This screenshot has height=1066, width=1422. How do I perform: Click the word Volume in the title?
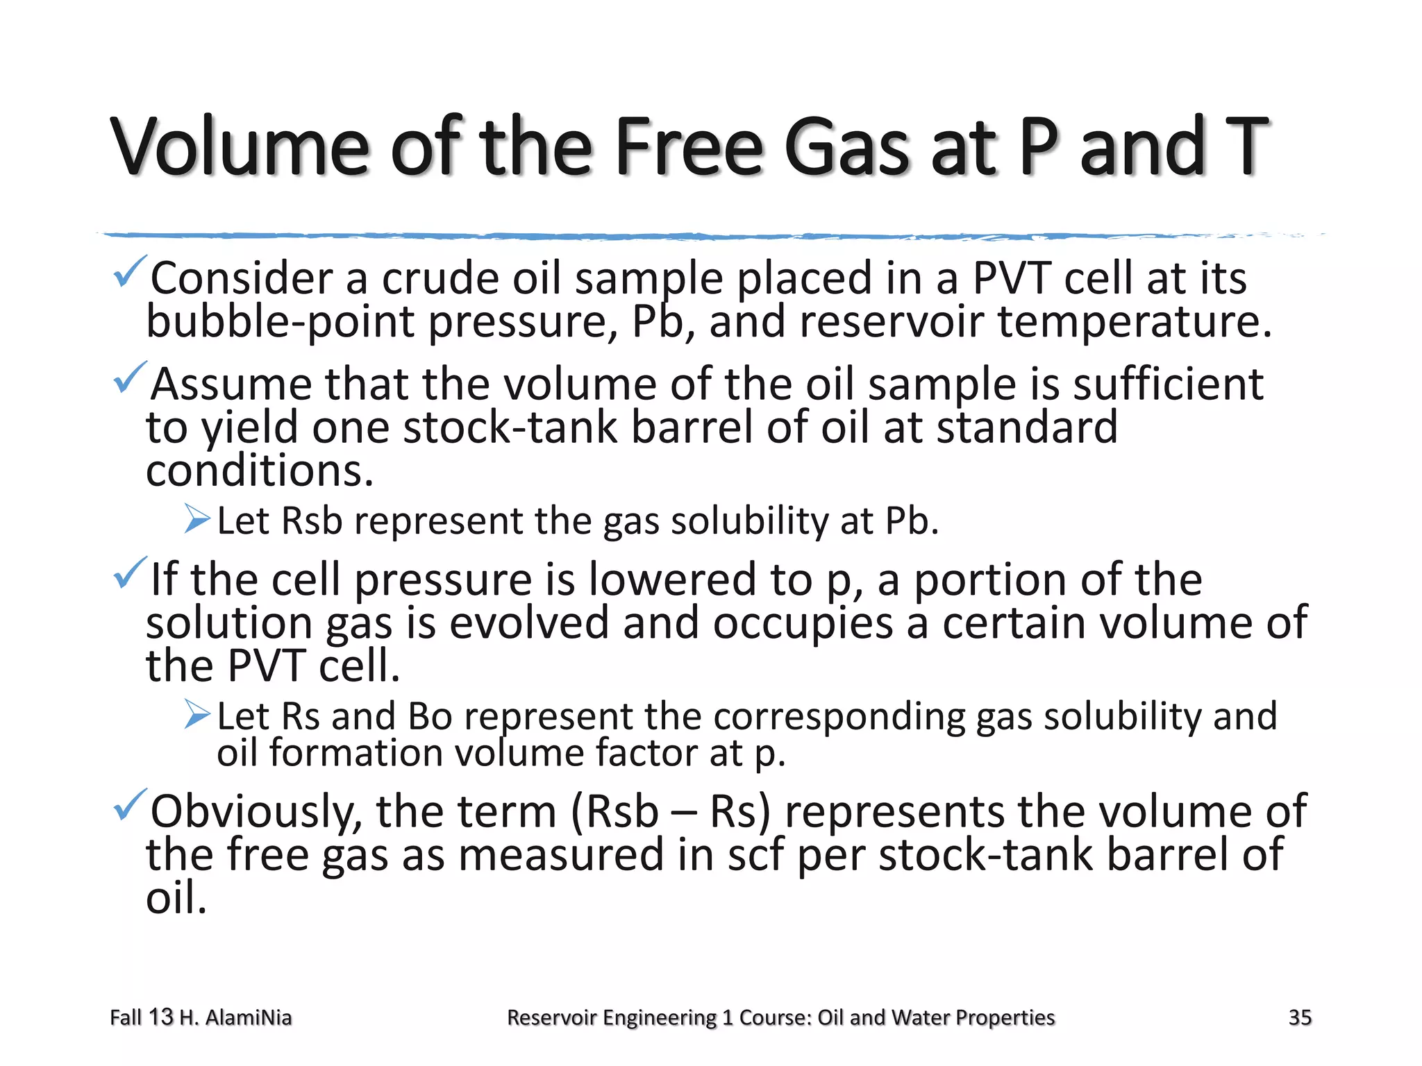pos(239,147)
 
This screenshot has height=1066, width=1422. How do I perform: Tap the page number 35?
pos(1300,1017)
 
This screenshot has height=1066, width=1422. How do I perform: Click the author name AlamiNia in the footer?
pos(249,1017)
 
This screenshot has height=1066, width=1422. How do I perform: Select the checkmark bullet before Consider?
pos(129,272)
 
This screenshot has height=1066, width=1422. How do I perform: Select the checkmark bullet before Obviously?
pos(129,805)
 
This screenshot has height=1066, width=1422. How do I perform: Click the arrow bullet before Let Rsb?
pos(197,519)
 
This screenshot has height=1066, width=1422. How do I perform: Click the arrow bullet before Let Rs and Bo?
pos(197,714)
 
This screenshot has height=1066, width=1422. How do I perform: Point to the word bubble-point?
pos(280,322)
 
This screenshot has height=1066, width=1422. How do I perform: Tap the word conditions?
pos(259,471)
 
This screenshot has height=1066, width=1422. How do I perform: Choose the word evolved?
pos(528,623)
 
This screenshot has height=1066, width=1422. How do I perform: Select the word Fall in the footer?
pos(126,1017)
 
